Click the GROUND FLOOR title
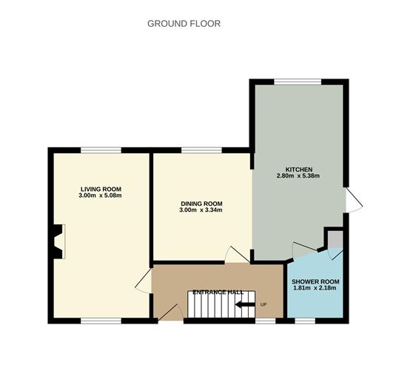coord(184,24)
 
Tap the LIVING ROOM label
coord(101,189)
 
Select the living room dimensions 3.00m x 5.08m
coord(101,196)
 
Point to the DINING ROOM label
coord(201,204)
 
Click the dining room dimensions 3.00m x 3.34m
coord(201,211)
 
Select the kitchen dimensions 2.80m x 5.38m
coord(298,176)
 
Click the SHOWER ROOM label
coord(315,281)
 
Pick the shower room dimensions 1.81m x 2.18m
coord(315,289)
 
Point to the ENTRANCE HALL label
coord(218,293)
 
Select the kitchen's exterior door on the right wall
coord(353,201)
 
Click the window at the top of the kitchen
coord(295,81)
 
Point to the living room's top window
coord(101,150)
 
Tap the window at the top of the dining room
coord(201,150)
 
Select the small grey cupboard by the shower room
coord(335,239)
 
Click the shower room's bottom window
coord(304,321)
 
